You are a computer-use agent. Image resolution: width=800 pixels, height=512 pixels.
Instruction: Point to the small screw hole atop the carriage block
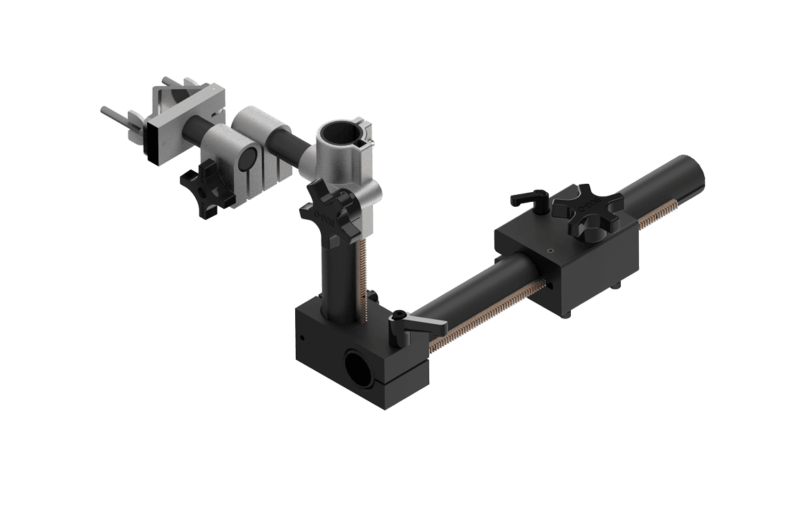click(x=550, y=250)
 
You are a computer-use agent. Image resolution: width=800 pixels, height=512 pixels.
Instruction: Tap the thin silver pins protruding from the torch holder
click(x=115, y=114)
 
